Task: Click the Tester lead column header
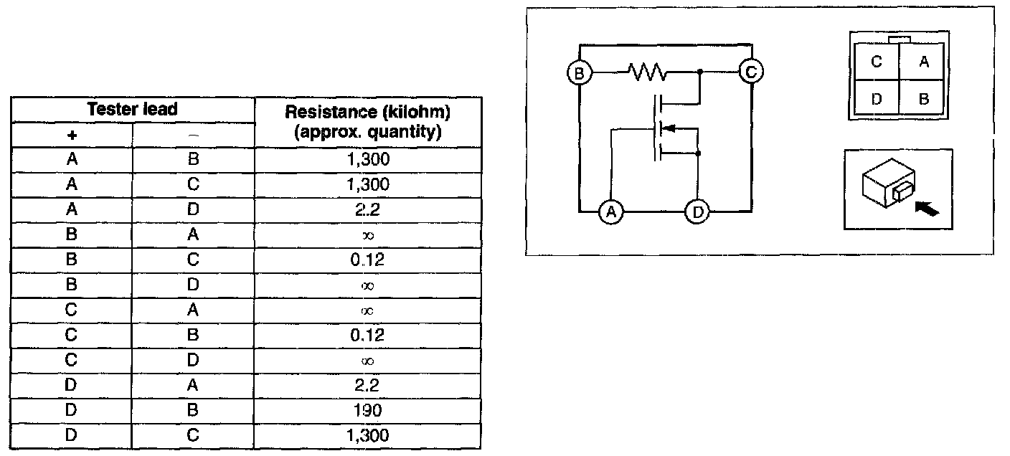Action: [x=132, y=109]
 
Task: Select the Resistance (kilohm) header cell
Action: [x=367, y=123]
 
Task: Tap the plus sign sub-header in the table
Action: [x=72, y=135]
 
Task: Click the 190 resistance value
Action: [x=367, y=411]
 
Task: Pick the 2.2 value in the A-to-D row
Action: [x=367, y=209]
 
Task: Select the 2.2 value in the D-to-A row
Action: [x=367, y=386]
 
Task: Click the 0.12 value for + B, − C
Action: [x=367, y=260]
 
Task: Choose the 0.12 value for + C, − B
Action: [x=367, y=336]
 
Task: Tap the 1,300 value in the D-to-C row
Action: [x=367, y=436]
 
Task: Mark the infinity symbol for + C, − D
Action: [x=367, y=361]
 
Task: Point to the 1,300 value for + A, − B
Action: [x=367, y=159]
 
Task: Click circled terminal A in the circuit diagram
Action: [x=610, y=212]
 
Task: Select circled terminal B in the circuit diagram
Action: [x=577, y=72]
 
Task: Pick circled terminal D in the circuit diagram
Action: [x=697, y=212]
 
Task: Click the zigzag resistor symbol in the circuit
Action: [x=648, y=72]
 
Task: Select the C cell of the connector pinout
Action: [x=877, y=62]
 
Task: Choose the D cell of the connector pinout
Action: [x=877, y=99]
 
